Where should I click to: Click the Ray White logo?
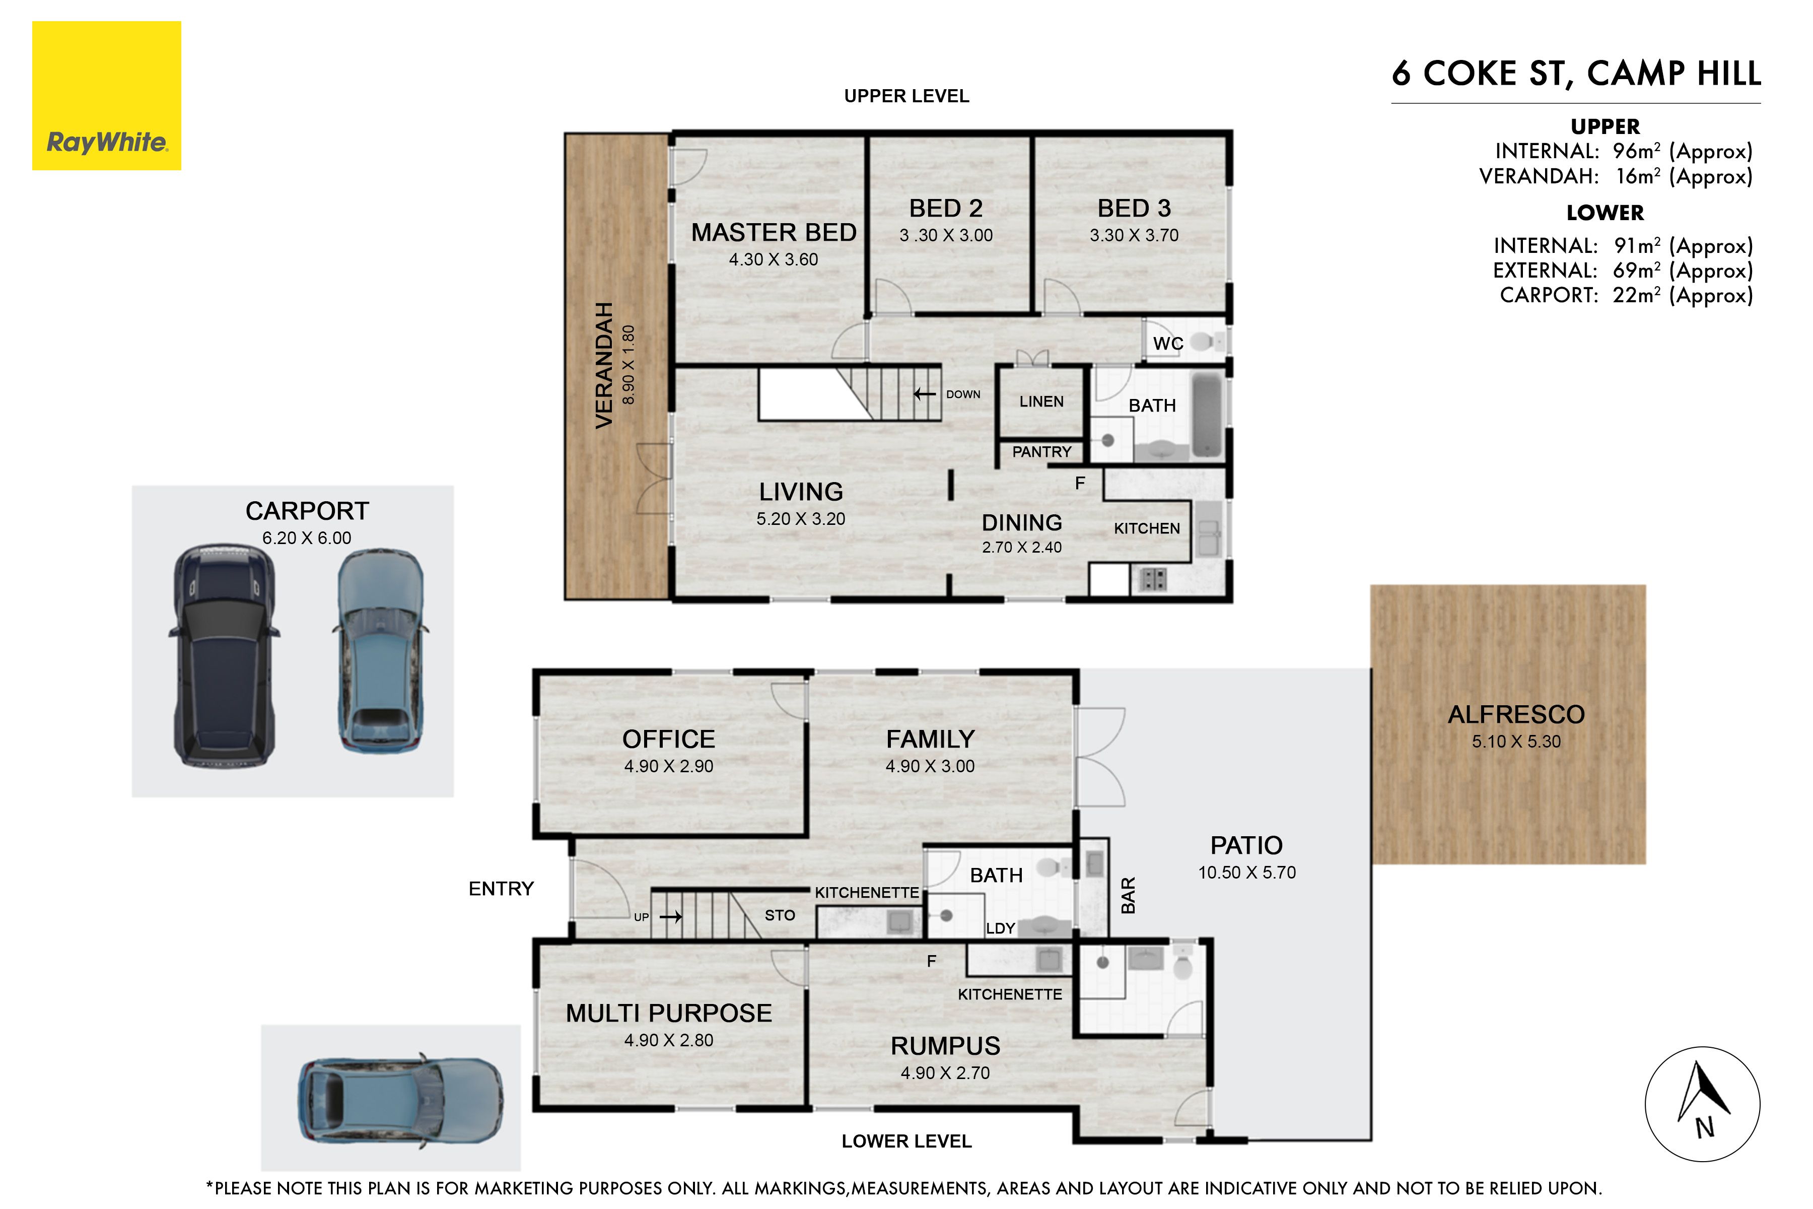click(106, 96)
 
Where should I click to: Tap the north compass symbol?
click(1702, 1104)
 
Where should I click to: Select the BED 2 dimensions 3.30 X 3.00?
click(946, 235)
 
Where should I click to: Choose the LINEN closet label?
click(1041, 401)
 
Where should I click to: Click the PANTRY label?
click(1041, 452)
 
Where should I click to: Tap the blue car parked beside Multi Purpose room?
click(401, 1099)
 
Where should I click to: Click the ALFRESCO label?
click(1516, 715)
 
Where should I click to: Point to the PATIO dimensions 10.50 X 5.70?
click(1246, 873)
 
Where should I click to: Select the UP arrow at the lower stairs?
click(671, 917)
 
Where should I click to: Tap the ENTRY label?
click(501, 889)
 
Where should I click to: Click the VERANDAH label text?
click(604, 366)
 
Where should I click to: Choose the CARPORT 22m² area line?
click(1627, 295)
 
